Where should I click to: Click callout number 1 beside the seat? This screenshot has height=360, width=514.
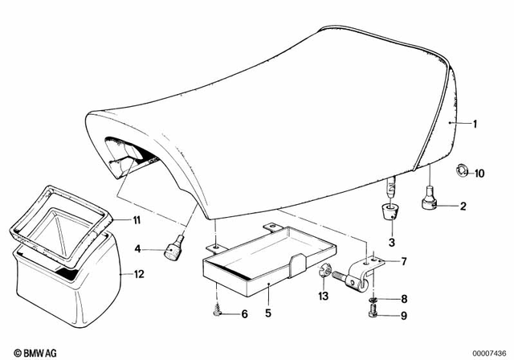(x=475, y=124)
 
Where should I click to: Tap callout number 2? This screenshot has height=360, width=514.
(x=463, y=207)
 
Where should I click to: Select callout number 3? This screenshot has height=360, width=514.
(x=392, y=242)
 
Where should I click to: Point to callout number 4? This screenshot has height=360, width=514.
(x=137, y=247)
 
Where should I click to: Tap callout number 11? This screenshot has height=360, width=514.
(x=137, y=219)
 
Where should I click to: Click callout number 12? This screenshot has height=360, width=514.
(x=139, y=274)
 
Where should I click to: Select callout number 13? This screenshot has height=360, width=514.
(x=324, y=297)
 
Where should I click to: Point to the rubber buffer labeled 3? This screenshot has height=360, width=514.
(x=392, y=212)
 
